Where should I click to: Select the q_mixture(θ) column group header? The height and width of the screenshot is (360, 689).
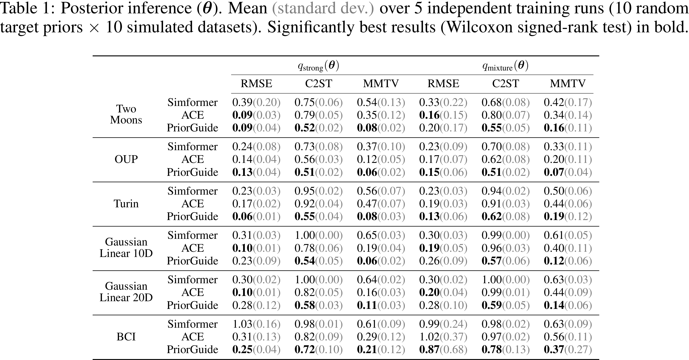click(x=505, y=66)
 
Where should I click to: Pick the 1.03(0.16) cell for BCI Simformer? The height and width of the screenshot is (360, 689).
click(x=256, y=324)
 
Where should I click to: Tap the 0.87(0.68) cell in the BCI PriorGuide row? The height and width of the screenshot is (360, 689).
click(x=443, y=349)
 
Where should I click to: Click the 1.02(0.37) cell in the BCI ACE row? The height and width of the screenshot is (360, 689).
click(x=443, y=337)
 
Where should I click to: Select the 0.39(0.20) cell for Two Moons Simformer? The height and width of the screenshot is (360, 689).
click(x=256, y=102)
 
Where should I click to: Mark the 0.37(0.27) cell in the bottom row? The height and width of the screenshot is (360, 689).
click(x=568, y=349)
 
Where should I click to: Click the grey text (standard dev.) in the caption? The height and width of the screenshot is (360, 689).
click(x=323, y=9)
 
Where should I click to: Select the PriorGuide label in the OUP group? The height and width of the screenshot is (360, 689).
click(x=192, y=172)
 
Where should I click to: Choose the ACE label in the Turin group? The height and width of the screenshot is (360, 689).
click(x=192, y=204)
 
